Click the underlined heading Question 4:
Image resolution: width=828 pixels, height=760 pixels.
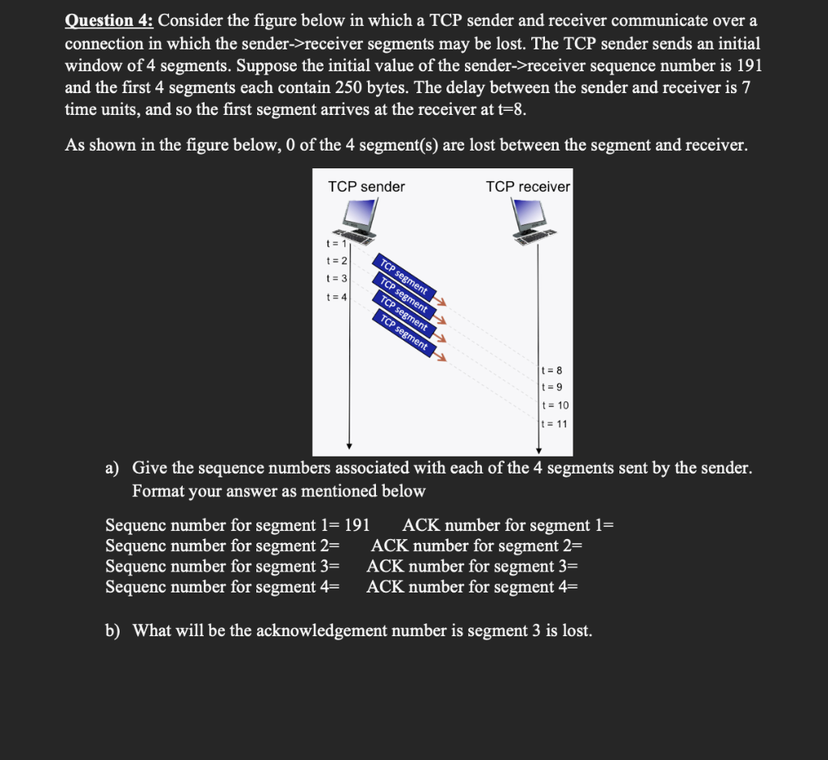[x=110, y=21]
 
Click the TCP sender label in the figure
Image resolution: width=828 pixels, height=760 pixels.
[x=366, y=187]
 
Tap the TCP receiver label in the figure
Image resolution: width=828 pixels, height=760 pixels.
[x=527, y=187]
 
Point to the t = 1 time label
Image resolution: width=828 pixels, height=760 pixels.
[x=336, y=243]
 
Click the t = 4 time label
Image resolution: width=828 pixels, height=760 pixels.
[x=336, y=296]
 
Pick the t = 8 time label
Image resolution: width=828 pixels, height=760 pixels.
[x=554, y=370]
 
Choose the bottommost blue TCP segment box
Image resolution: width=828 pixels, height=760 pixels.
[x=403, y=333]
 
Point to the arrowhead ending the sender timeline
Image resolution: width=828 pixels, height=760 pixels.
[x=349, y=445]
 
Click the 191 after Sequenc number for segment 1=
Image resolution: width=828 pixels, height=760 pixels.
[x=357, y=525]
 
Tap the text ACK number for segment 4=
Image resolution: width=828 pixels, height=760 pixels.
[x=472, y=586]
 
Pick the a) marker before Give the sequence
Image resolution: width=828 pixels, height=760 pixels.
[x=113, y=467]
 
